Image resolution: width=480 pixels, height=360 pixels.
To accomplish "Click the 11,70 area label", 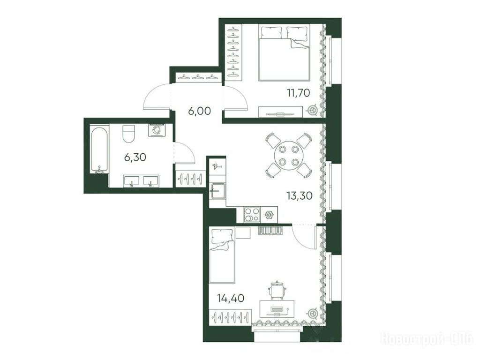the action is point(299,92).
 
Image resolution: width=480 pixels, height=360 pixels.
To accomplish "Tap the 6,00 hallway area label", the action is point(200,111).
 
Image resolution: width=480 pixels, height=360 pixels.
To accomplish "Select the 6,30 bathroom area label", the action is point(135,157).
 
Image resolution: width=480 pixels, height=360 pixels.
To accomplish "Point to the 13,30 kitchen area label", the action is point(300,195).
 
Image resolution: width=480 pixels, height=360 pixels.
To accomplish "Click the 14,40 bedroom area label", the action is point(231,298).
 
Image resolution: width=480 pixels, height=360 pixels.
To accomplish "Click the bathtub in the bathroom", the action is point(99,149).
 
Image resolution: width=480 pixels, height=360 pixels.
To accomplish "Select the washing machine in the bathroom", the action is point(157,130).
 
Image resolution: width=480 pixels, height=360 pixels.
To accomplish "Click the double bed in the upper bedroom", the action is point(284,52).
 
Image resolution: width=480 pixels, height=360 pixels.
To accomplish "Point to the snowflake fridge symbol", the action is point(269,215).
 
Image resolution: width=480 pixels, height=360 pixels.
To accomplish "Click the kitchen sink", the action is point(217,191).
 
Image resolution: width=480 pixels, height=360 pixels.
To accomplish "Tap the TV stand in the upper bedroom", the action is point(281,112).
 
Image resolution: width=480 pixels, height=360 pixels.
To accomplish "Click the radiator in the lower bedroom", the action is point(270,230).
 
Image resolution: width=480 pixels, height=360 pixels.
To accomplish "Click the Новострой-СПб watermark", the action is point(427,338).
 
